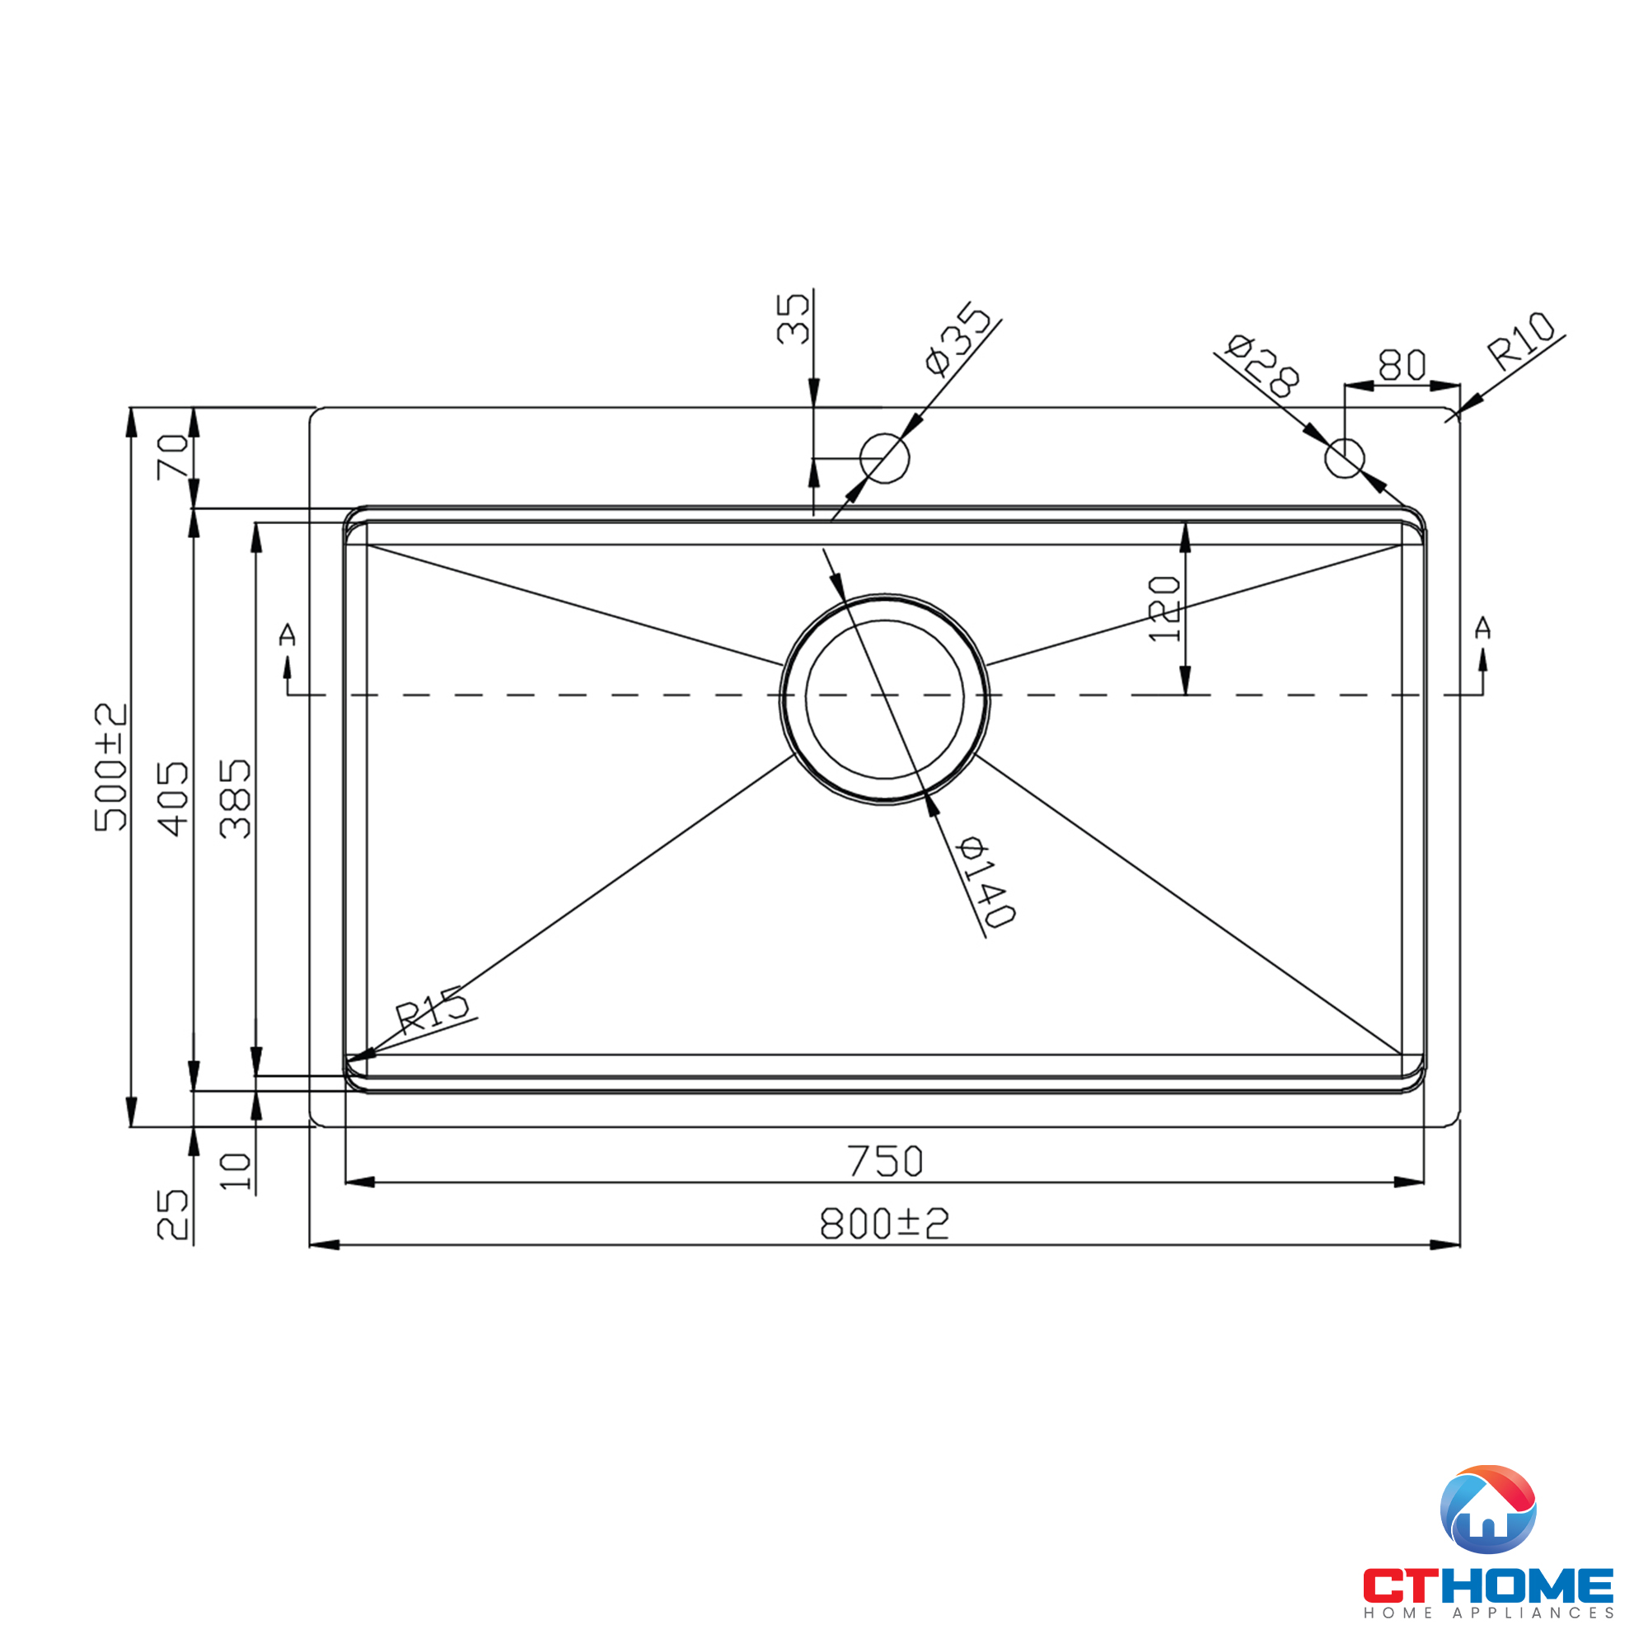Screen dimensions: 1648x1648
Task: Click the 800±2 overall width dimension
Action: pyautogui.click(x=883, y=1224)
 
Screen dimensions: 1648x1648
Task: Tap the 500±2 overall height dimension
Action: pyautogui.click(x=111, y=766)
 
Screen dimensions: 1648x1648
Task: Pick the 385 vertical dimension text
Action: pyautogui.click(x=236, y=798)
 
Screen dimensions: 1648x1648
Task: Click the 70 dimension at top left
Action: pyautogui.click(x=173, y=457)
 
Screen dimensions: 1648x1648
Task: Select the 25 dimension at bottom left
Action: pyautogui.click(x=173, y=1215)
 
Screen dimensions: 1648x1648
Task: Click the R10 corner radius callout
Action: pyautogui.click(x=1521, y=340)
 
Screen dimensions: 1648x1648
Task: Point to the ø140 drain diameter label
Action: pyautogui.click(x=986, y=882)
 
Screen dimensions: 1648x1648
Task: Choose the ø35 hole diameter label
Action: pyautogui.click(x=959, y=339)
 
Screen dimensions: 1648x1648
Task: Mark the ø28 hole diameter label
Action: pyautogui.click(x=1262, y=365)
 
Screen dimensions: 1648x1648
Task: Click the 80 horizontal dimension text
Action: pyautogui.click(x=1402, y=365)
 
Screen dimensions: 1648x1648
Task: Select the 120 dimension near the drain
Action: pyautogui.click(x=1164, y=609)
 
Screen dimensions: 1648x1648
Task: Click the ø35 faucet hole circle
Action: pyautogui.click(x=884, y=458)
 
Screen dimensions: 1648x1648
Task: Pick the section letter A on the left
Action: pyautogui.click(x=288, y=634)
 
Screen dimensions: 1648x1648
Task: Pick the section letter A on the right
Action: pyautogui.click(x=1482, y=628)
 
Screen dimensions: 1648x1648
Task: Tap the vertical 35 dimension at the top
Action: pyautogui.click(x=793, y=318)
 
